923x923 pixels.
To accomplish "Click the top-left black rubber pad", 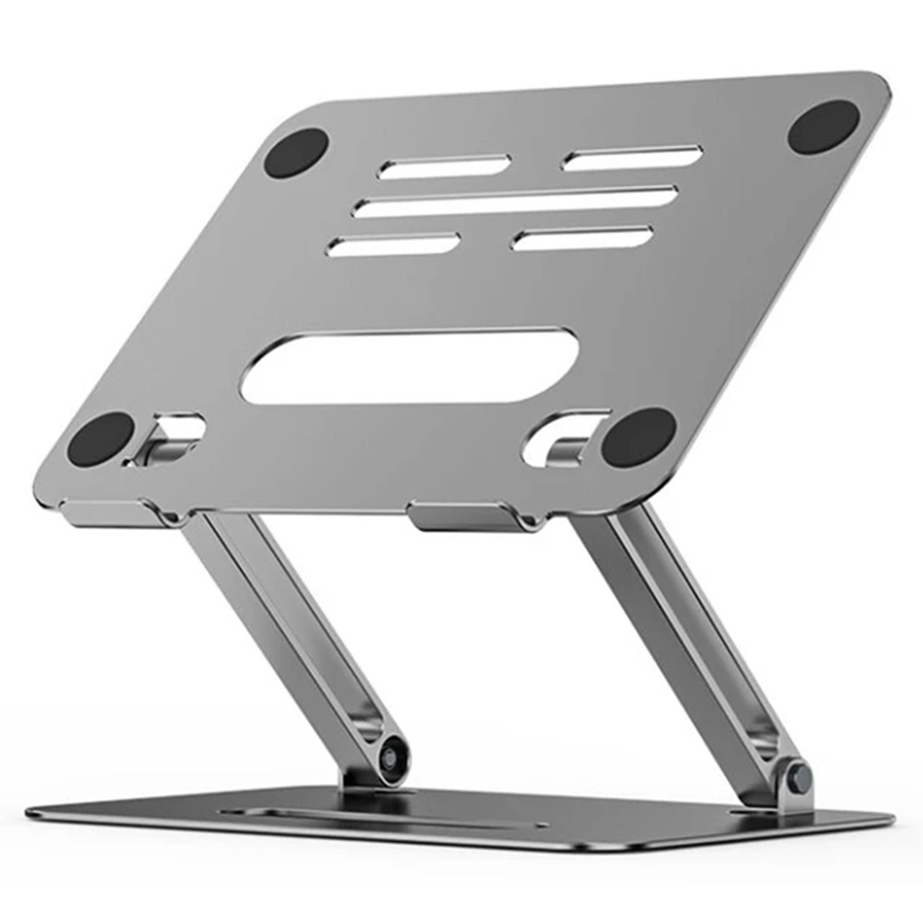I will coord(296,152).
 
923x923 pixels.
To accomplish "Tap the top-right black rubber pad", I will coord(823,126).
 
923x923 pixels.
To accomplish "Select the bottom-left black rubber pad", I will coord(102,438).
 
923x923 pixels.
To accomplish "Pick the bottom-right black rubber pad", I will coord(639,436).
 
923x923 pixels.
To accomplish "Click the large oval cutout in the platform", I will coord(409,366).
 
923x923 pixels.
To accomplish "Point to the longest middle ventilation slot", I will coord(515,202).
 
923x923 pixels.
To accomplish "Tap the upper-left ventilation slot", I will coord(445,167).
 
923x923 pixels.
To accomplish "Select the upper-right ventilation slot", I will coord(632,158).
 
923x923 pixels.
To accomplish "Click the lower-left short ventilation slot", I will coord(394,245).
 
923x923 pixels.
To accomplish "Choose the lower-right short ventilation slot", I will coord(582,238).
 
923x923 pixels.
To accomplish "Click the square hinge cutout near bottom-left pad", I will coord(171,436).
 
